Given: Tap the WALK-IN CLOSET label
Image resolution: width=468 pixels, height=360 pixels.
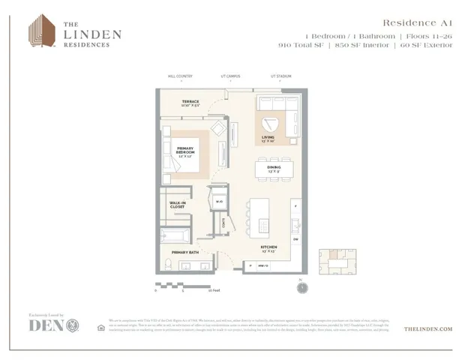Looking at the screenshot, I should pos(177,204).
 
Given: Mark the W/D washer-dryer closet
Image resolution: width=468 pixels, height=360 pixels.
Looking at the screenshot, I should pos(219,202).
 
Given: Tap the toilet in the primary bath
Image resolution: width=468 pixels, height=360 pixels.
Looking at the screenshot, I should pos(168,263).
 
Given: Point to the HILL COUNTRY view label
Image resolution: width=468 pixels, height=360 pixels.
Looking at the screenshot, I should pos(180,76).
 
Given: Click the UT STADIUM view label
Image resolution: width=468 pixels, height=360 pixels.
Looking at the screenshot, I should pos(282,76).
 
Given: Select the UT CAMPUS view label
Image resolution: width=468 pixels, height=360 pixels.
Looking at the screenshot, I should pos(231,76).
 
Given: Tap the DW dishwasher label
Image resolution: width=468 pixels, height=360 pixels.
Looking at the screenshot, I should pos(295,240).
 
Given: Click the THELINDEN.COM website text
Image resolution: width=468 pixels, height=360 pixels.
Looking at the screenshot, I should pos(427,328).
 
